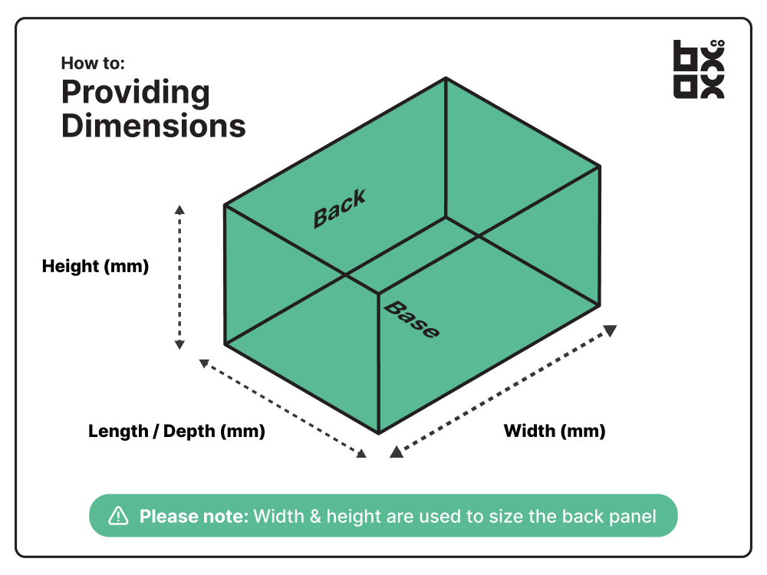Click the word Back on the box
click(340, 208)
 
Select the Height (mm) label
click(95, 267)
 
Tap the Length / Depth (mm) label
click(176, 431)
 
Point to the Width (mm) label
click(554, 431)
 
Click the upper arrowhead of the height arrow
click(179, 209)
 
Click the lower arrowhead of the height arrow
click(179, 344)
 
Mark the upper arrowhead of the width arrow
click(610, 330)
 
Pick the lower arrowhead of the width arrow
click(396, 452)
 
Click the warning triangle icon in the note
click(118, 516)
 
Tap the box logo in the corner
click(698, 69)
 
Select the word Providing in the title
click(136, 93)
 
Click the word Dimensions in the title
click(153, 125)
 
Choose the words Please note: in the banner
click(194, 516)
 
